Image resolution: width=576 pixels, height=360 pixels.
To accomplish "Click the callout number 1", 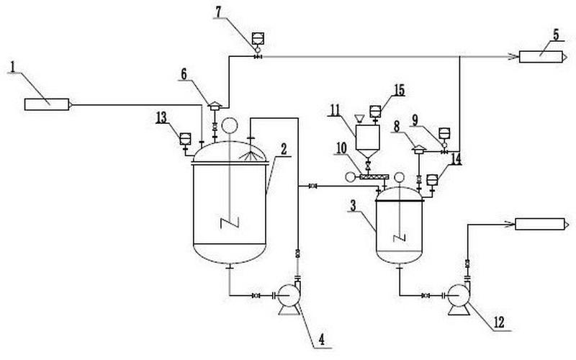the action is (13, 67).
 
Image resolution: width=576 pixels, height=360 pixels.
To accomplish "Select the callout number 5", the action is (555, 35).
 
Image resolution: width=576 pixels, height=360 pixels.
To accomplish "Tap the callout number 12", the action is (499, 323).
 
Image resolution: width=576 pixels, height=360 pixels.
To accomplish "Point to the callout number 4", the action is (321, 340).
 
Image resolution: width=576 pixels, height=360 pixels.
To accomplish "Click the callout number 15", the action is (399, 91).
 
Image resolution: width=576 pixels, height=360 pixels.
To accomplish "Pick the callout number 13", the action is (161, 118).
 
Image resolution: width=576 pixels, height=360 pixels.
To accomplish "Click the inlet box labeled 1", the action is (48, 104).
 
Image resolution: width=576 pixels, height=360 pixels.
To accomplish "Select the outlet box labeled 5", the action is (543, 57).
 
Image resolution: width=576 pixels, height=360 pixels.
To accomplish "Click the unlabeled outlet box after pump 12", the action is (541, 224).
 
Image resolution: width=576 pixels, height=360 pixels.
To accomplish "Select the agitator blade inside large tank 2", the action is (230, 222).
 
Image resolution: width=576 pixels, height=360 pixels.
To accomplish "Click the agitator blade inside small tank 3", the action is (400, 238).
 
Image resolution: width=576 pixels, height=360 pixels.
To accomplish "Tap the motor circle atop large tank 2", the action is (230, 125).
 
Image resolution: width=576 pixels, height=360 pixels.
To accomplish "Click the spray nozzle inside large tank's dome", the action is (251, 156).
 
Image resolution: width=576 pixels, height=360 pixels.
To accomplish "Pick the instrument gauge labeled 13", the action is (185, 140).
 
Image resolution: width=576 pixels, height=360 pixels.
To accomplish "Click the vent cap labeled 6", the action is (215, 106).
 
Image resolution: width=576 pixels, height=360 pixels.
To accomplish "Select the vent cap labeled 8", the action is (419, 149).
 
